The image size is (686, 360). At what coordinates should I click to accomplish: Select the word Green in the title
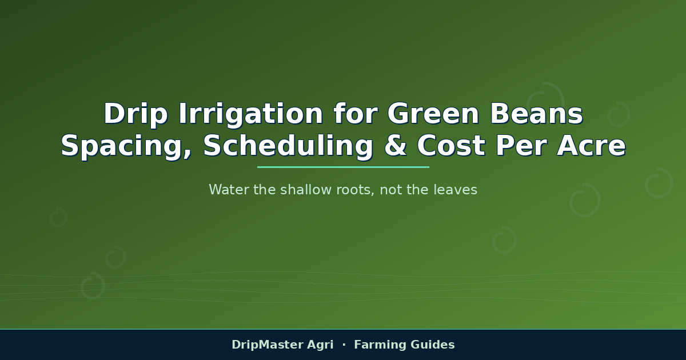click(x=433, y=114)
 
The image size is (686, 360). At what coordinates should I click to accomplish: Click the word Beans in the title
click(x=537, y=114)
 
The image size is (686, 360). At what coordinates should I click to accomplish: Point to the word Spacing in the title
click(x=126, y=147)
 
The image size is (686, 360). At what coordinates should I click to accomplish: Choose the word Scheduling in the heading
click(x=288, y=147)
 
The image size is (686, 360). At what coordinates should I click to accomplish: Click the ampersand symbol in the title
click(x=396, y=146)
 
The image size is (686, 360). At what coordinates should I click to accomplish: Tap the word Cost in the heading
click(x=451, y=146)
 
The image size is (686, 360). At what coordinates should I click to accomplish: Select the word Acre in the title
click(x=591, y=146)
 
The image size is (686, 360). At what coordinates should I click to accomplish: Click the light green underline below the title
click(x=343, y=167)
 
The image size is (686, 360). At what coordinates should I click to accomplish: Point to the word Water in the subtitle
click(x=229, y=190)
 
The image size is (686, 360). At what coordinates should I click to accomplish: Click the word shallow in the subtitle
click(x=306, y=190)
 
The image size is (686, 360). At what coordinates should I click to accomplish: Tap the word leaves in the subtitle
click(x=456, y=190)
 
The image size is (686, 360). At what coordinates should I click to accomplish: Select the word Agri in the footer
click(x=320, y=345)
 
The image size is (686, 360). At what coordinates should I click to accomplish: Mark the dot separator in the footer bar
click(x=344, y=345)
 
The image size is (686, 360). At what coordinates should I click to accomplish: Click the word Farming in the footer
click(x=380, y=345)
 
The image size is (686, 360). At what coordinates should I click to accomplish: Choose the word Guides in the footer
click(x=432, y=345)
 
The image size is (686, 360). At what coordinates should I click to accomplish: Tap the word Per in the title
click(x=521, y=146)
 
